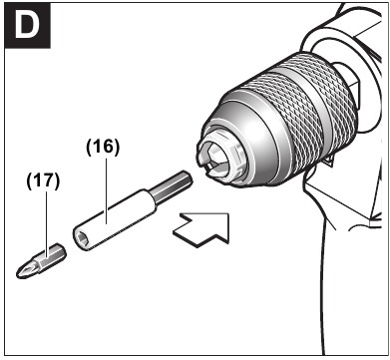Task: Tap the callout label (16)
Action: coord(102,147)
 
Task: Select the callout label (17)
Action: coord(44,180)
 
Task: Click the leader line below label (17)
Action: coord(44,215)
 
